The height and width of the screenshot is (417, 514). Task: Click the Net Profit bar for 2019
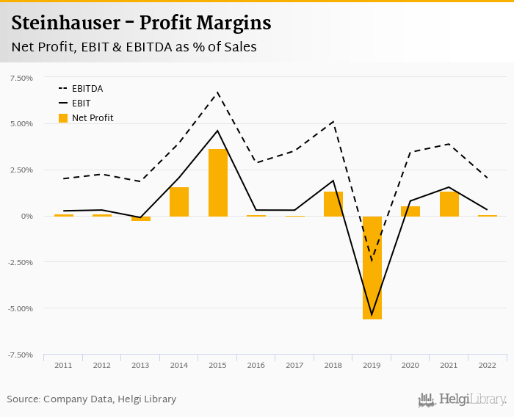[372, 267]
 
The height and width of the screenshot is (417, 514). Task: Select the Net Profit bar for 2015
[218, 182]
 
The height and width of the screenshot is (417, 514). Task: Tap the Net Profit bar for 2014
[179, 201]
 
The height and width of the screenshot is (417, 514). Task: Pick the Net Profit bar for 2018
[333, 203]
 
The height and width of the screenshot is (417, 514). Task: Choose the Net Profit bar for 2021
[449, 203]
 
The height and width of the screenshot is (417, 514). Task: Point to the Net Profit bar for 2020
[410, 211]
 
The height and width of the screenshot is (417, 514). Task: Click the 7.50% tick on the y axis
[21, 78]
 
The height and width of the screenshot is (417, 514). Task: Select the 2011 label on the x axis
[63, 365]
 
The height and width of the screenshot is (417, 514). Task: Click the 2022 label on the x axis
[488, 365]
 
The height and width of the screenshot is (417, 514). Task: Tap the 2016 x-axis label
[256, 365]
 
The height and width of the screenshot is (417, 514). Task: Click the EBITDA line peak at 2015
[218, 93]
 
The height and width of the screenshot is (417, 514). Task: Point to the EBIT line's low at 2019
[372, 314]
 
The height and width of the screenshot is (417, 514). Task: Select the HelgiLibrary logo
[463, 399]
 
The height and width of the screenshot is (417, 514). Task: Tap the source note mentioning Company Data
[92, 399]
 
